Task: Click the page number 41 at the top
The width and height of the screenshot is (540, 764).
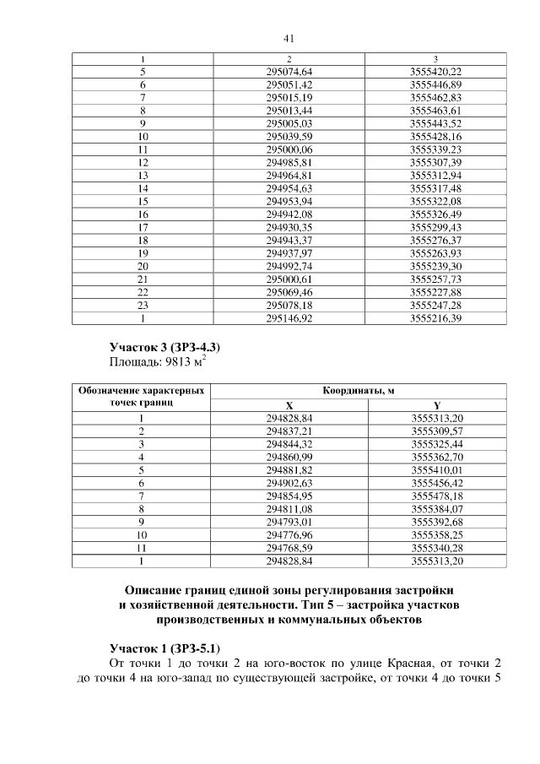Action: click(288, 38)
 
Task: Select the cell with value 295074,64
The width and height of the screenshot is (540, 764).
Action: click(289, 72)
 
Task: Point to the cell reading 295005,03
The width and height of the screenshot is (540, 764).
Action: click(289, 122)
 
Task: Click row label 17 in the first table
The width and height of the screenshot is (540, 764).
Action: click(143, 228)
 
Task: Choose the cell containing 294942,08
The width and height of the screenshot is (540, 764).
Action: click(289, 215)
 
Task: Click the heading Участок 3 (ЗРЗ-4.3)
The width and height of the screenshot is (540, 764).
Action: click(166, 348)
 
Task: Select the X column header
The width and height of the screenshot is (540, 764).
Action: click(289, 405)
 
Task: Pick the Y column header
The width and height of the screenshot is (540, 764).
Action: click(436, 405)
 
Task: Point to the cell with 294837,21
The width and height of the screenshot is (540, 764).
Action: click(289, 431)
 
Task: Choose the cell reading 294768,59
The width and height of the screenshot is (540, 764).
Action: click(289, 548)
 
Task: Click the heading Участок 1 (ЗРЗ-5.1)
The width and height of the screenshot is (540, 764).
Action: click(165, 648)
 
